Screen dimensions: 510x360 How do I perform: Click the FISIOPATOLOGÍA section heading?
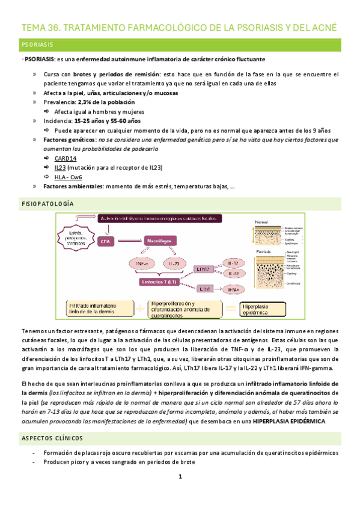[47, 204]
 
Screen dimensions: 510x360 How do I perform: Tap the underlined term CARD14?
[66, 159]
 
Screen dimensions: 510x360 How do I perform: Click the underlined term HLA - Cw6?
[68, 177]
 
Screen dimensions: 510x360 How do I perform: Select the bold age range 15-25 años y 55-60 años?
[105, 121]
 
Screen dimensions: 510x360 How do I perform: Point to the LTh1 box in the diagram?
[204, 289]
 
